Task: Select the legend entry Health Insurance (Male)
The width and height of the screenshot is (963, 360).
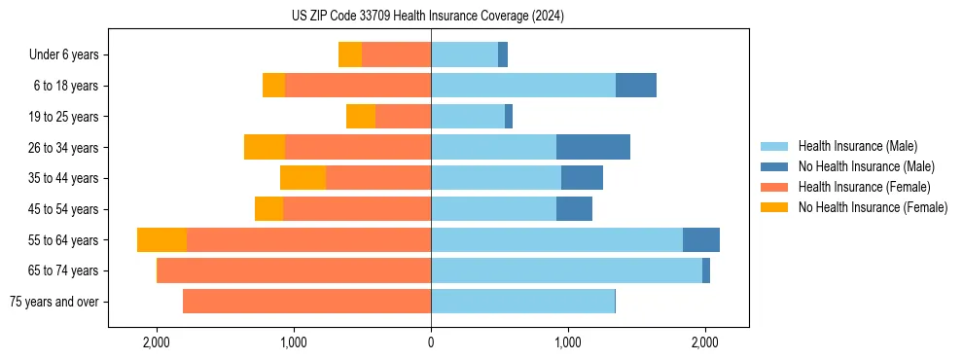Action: pos(857,146)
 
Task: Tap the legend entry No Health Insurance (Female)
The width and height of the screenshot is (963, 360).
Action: pos(873,207)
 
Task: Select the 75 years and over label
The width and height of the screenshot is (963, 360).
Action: pos(54,302)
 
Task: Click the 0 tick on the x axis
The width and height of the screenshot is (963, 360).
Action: pos(431,342)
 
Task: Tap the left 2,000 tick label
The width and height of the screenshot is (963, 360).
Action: pos(157,342)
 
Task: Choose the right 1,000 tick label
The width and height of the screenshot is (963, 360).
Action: pos(568,342)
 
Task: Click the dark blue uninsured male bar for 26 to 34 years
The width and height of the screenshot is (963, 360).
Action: pos(593,147)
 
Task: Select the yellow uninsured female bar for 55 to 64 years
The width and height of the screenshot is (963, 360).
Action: pos(161,240)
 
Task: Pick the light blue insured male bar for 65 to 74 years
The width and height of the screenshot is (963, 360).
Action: pos(566,270)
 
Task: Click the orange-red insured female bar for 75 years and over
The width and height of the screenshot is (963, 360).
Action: pos(306,302)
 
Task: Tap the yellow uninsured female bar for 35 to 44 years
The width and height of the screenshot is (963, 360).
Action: pos(303,178)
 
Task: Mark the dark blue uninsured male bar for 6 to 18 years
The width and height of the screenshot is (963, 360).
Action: pos(636,86)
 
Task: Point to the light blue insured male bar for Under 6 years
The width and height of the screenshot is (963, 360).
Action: pos(464,54)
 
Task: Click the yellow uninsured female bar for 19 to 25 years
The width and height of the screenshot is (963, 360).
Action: pos(361,117)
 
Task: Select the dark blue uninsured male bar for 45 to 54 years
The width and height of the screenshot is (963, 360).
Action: pos(574,209)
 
